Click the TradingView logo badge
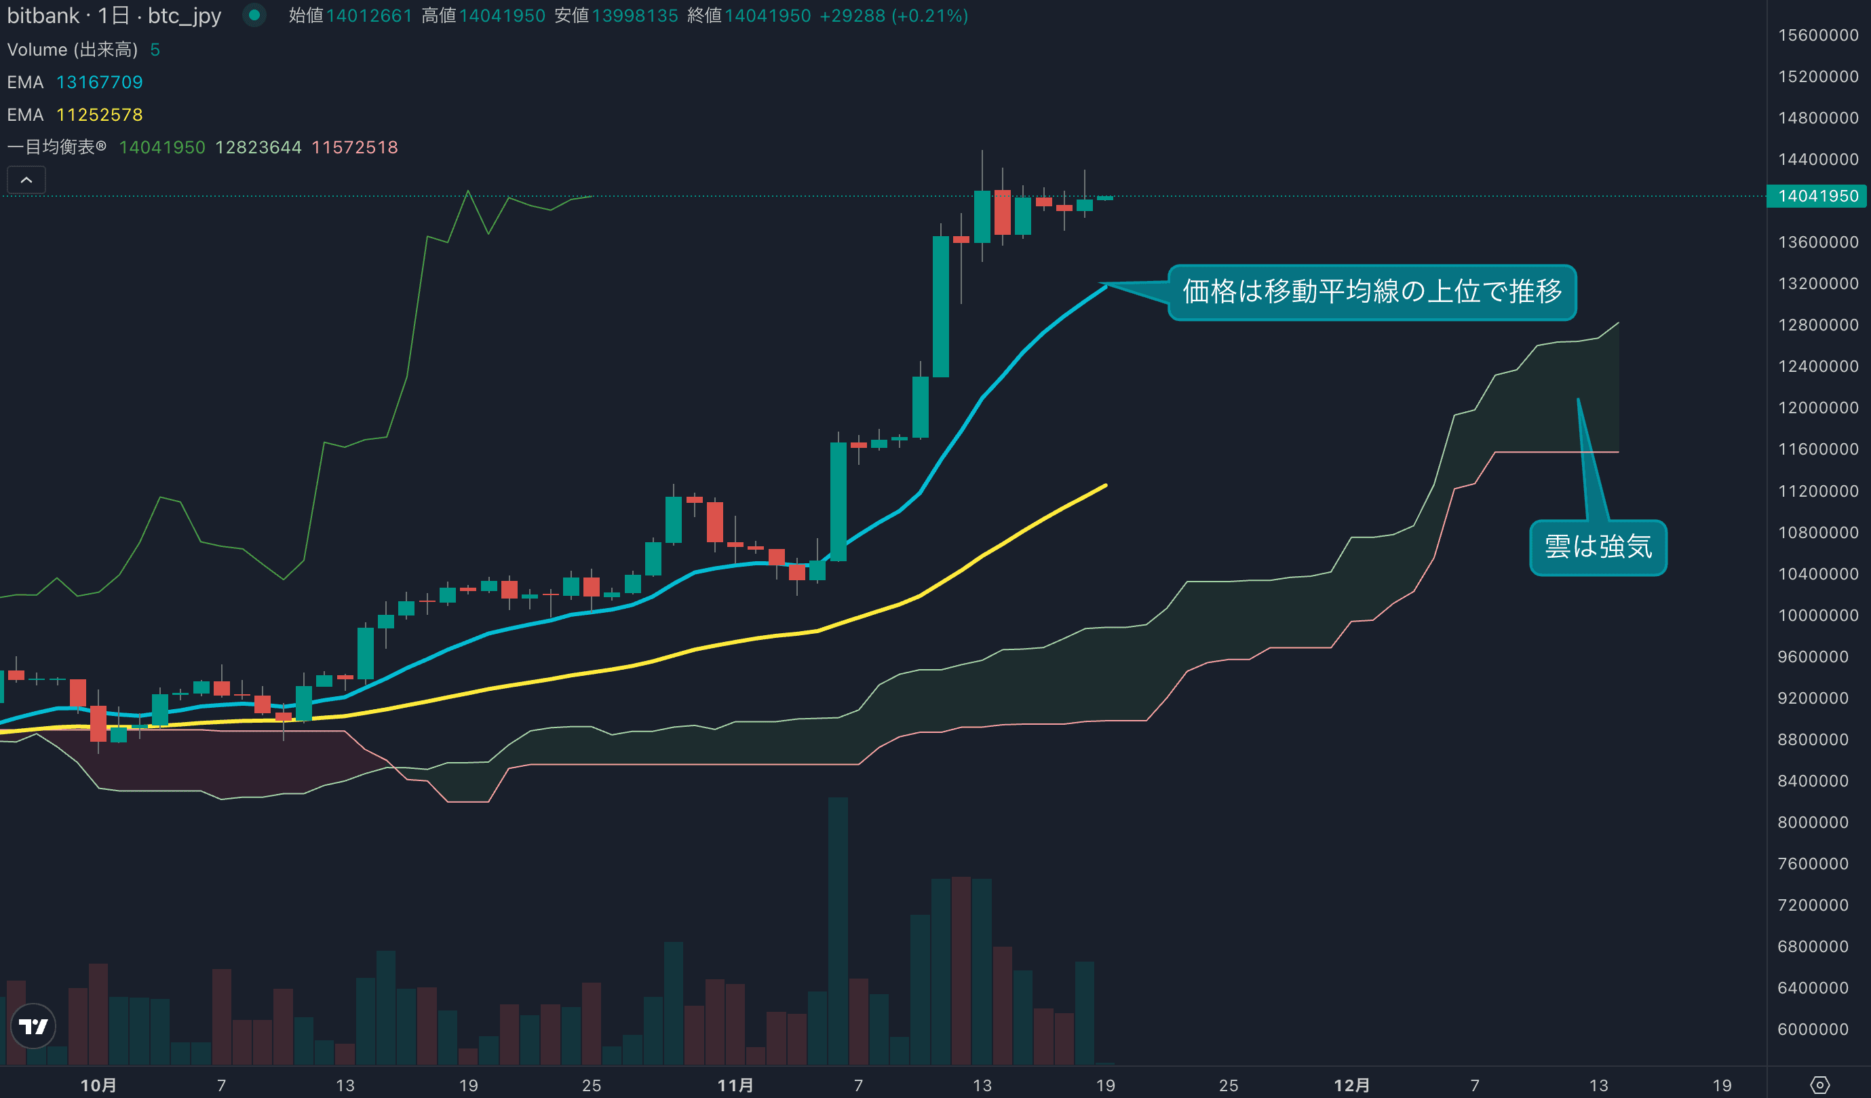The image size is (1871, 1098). click(33, 1026)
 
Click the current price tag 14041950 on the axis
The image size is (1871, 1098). click(1817, 196)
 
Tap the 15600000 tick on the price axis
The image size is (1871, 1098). click(1817, 35)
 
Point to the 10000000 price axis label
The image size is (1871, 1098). click(1817, 615)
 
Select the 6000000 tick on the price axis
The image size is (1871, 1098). click(1813, 1029)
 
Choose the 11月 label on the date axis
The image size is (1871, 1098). click(735, 1085)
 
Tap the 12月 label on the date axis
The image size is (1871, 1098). click(1351, 1085)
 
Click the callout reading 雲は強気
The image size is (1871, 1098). click(1598, 548)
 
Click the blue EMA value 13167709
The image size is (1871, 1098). click(100, 83)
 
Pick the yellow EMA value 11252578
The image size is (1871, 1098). click(100, 115)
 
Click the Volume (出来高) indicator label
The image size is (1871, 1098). click(72, 50)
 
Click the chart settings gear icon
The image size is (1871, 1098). click(1819, 1085)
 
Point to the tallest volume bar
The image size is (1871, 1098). click(838, 928)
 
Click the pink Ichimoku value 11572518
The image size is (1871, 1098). click(354, 147)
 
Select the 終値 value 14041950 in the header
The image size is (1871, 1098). click(767, 16)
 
